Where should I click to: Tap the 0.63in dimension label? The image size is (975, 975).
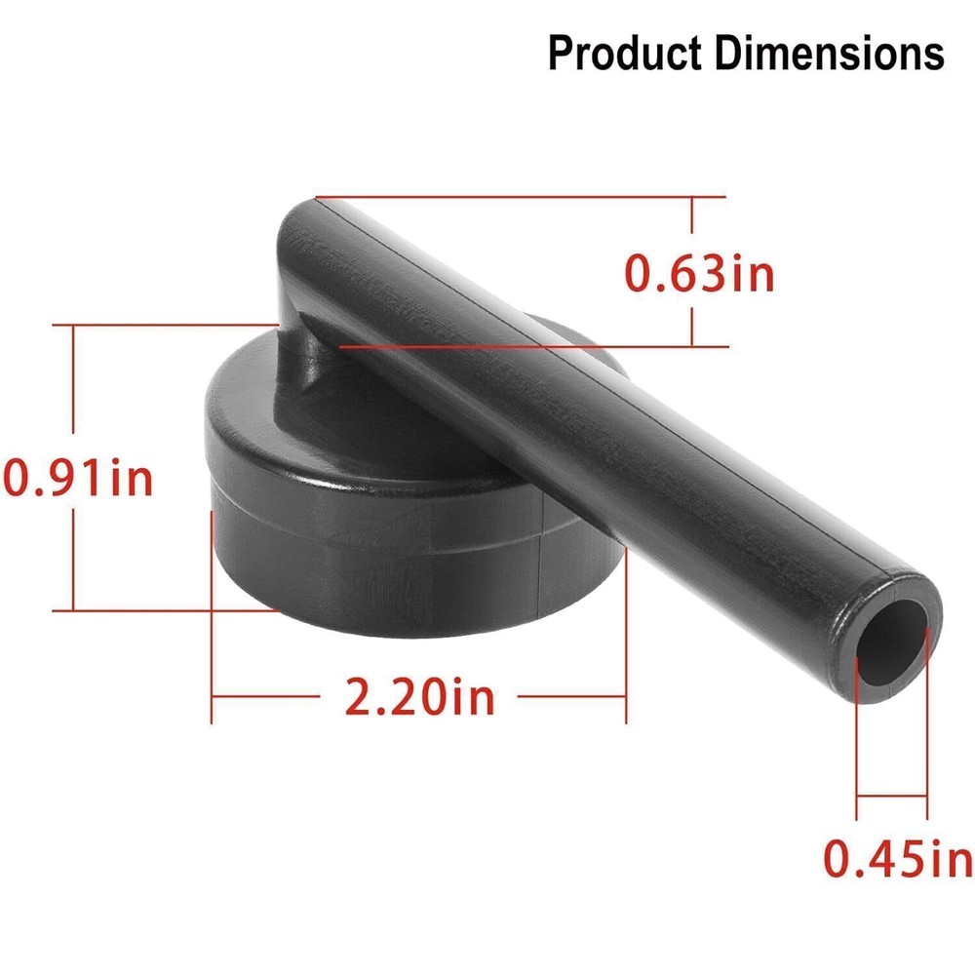(x=699, y=274)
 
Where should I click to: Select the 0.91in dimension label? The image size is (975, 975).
(x=78, y=478)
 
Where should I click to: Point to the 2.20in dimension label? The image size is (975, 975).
(x=420, y=697)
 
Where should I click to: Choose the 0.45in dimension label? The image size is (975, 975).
(x=897, y=858)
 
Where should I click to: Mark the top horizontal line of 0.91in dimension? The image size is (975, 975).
(x=166, y=325)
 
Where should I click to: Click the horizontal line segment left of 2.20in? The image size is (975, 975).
(x=268, y=696)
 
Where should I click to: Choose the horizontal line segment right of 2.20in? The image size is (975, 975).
(x=570, y=696)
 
